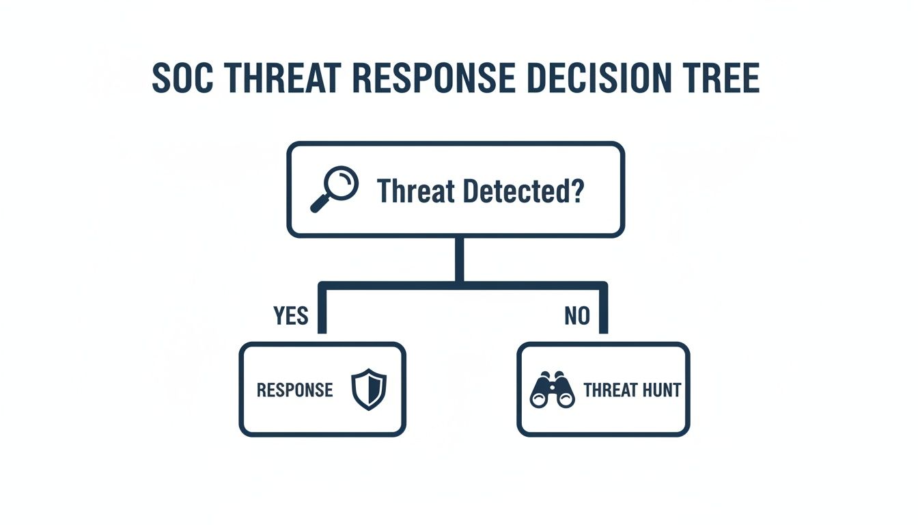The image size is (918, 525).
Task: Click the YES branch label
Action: coord(291,316)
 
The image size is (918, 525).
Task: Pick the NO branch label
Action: coord(577,316)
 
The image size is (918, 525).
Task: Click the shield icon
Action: coord(369,390)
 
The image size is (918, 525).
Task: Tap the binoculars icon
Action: coord(552,390)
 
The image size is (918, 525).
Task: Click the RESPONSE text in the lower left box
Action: coord(294,390)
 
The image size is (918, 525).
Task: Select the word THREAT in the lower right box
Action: coord(611,390)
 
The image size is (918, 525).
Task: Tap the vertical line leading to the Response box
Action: coord(322,311)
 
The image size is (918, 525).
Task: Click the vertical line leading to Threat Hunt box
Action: coord(603,311)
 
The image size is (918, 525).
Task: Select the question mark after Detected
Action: coord(577,191)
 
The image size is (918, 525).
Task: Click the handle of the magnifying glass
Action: coord(320,203)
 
